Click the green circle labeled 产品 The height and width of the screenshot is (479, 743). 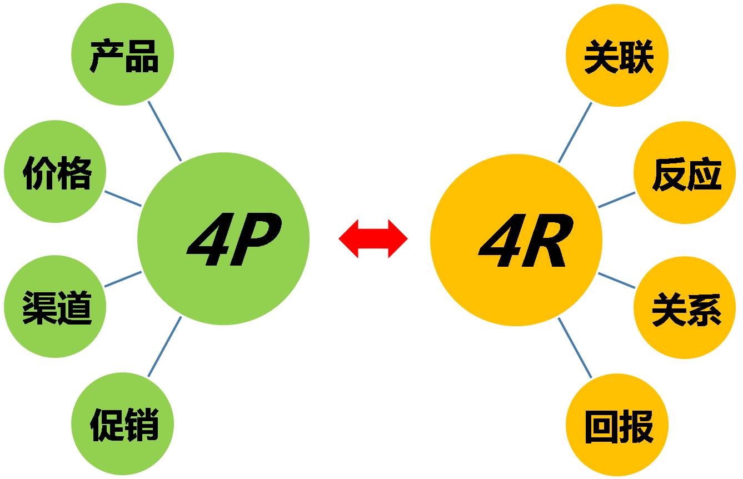[123, 54]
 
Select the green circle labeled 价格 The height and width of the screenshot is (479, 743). [55, 172]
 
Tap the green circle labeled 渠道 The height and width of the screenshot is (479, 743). [55, 307]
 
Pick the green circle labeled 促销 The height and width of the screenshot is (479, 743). [123, 423]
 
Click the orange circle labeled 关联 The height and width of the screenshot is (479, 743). [617, 56]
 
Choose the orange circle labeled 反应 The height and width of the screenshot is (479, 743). [685, 172]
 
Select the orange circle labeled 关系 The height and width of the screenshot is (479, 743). [685, 307]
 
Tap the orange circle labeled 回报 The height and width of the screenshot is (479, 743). [617, 425]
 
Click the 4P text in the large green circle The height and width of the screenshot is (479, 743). [234, 239]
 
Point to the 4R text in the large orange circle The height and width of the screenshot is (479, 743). [526, 241]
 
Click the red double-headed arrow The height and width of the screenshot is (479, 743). [373, 238]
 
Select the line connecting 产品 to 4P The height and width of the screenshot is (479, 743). [165, 131]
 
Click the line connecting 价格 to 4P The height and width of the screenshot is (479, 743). [123, 198]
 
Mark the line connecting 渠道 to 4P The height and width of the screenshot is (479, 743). [123, 280]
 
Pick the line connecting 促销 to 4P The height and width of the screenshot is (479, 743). [165, 347]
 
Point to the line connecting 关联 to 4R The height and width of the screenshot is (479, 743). [575, 133]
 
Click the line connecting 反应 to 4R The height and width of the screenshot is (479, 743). [617, 199]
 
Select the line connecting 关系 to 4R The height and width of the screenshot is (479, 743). [617, 281]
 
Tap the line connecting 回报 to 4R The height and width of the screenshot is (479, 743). [575, 348]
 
